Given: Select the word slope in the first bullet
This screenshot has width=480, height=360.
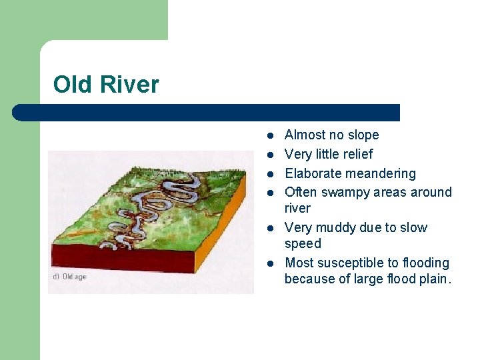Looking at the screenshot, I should coord(363,135).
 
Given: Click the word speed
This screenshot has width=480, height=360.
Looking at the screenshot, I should coord(303,244).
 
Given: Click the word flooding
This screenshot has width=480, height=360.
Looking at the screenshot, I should coord(426,263).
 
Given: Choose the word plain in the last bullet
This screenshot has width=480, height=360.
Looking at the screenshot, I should coord(435,279).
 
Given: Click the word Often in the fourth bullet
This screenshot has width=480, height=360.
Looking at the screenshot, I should coord(301,193).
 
